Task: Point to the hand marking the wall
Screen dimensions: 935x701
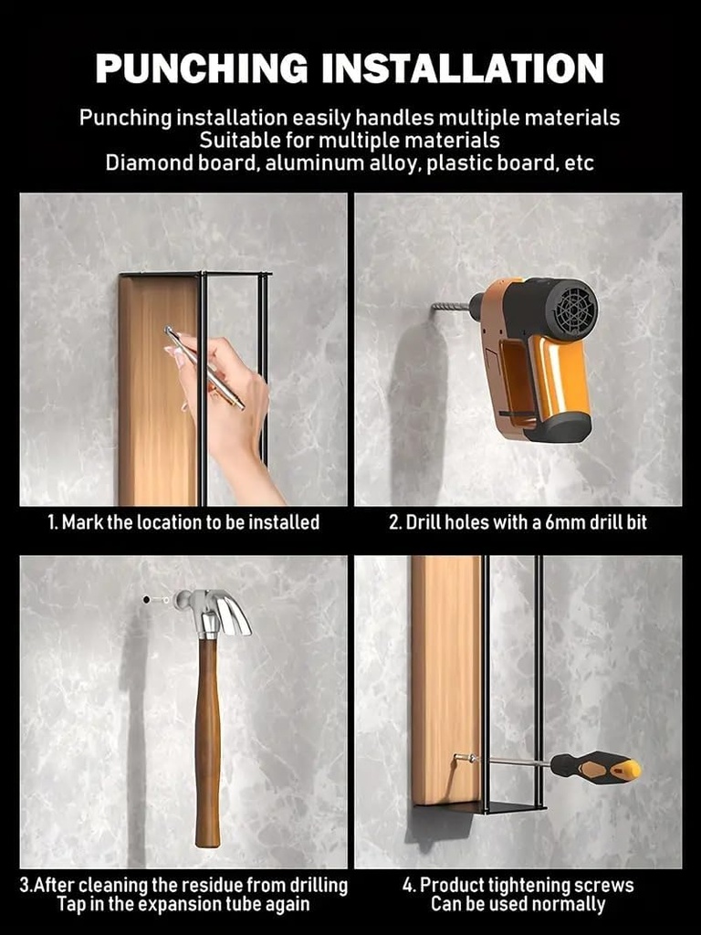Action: (228, 402)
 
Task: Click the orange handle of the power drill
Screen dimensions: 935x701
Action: (559, 374)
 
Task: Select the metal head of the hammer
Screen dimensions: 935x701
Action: (214, 609)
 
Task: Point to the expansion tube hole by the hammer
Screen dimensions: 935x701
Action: (146, 600)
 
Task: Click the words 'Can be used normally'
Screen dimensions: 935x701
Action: (518, 905)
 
